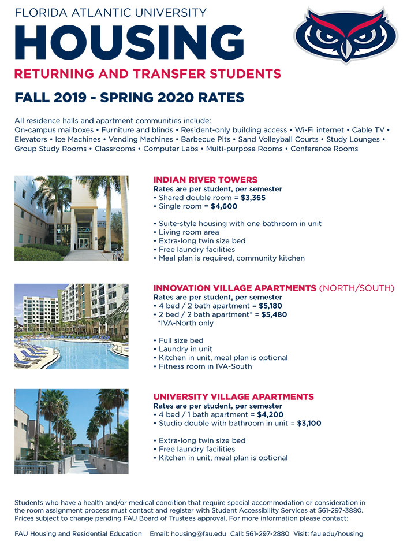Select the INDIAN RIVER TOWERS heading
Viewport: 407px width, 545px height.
pyautogui.click(x=205, y=180)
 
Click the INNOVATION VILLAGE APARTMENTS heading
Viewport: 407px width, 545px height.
pyautogui.click(x=235, y=288)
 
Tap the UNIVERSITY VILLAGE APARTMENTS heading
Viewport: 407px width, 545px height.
pyautogui.click(x=233, y=396)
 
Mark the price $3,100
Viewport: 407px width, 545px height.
pyautogui.click(x=309, y=423)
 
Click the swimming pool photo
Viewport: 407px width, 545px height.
pyautogui.click(x=71, y=327)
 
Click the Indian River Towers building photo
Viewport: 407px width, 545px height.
pyautogui.click(x=71, y=218)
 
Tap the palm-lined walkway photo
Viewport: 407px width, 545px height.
pyautogui.click(x=71, y=431)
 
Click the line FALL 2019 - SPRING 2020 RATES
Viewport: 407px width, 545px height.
pyautogui.click(x=129, y=97)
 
